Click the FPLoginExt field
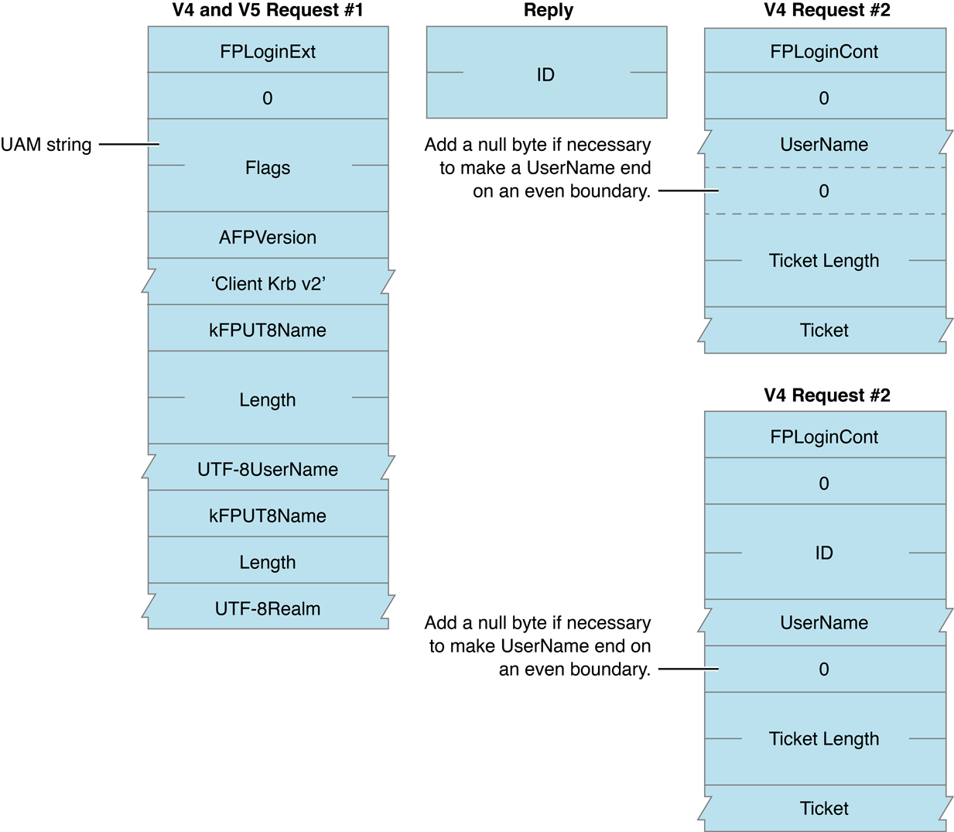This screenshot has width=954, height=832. coord(268,52)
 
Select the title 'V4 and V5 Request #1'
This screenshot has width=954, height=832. coord(268,11)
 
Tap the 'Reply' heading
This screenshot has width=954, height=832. coord(548,11)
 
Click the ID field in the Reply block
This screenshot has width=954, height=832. coord(545,74)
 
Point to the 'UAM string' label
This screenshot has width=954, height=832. coord(46,145)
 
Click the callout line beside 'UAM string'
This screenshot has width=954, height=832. coord(128,144)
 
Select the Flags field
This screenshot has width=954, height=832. coord(268,168)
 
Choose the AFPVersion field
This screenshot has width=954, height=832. coord(268,238)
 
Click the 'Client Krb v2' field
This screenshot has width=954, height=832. coord(268,284)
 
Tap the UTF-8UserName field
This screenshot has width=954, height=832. coord(268,470)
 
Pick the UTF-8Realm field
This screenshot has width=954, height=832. coord(268,609)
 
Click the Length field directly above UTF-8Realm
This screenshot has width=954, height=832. coord(268,563)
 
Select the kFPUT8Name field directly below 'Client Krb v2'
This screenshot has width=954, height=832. coord(268,330)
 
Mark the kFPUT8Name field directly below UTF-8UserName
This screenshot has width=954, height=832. coord(268,516)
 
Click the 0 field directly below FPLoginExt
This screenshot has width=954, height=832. coord(268,98)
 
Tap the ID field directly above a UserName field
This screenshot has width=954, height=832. coord(824,553)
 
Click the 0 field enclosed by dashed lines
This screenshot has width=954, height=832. coord(824,191)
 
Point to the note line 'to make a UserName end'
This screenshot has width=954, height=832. coord(545,168)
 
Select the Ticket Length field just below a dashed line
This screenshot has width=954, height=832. coord(824,261)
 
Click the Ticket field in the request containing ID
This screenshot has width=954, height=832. coord(824,809)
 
